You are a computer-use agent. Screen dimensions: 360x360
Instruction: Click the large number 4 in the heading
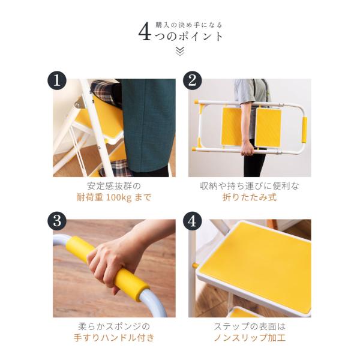[x=145, y=32]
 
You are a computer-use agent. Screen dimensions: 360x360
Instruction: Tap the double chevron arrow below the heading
[x=180, y=51]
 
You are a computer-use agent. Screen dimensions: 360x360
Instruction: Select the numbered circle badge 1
[x=57, y=81]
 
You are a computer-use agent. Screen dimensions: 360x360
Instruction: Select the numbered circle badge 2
[x=193, y=81]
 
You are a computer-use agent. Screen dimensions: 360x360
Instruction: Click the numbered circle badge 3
[x=57, y=221]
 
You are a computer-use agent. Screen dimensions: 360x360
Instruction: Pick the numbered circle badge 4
[x=193, y=221]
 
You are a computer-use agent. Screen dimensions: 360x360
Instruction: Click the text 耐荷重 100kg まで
[x=114, y=197]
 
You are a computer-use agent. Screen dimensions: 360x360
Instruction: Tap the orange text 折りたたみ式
[x=250, y=197]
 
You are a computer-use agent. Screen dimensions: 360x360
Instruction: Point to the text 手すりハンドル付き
[x=114, y=338]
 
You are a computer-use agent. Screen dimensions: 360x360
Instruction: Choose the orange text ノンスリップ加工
[x=250, y=338]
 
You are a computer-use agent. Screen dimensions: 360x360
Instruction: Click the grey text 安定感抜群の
[x=114, y=186]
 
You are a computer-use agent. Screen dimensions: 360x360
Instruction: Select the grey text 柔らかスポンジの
[x=114, y=326]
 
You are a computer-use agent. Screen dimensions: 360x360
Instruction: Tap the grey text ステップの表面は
[x=250, y=326]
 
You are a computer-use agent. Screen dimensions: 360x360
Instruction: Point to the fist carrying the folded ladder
[x=247, y=148]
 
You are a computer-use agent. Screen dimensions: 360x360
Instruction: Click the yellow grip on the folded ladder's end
[x=304, y=130]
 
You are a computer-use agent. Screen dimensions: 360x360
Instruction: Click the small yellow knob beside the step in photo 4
[x=194, y=266]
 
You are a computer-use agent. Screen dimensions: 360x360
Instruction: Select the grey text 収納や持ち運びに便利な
[x=250, y=186]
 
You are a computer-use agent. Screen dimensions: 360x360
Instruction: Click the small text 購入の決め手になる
[x=189, y=25]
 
